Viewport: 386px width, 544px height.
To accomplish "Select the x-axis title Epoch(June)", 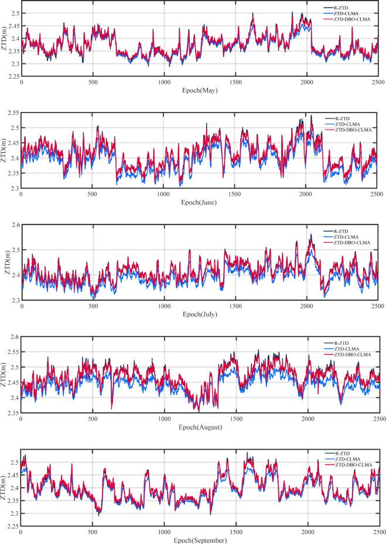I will click(199, 202).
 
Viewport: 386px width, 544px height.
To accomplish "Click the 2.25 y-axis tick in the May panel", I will click(12, 76).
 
